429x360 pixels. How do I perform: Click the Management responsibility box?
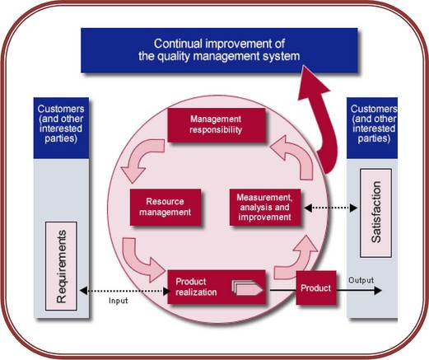(x=217, y=125)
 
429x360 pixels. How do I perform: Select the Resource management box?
(x=166, y=207)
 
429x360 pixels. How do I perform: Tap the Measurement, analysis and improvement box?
(x=265, y=207)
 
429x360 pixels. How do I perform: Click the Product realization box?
(x=217, y=287)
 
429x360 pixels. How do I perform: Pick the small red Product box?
(x=316, y=288)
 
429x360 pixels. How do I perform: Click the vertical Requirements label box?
(x=61, y=266)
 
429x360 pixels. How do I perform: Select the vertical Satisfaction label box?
(x=375, y=213)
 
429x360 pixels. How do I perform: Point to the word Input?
(x=119, y=301)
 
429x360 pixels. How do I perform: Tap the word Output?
(x=361, y=280)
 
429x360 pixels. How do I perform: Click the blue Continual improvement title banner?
(x=219, y=50)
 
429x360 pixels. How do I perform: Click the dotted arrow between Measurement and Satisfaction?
(x=331, y=208)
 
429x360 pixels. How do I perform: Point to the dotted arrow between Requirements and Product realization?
(x=125, y=291)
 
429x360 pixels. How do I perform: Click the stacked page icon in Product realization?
(x=248, y=288)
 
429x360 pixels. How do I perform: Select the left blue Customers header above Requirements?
(x=61, y=128)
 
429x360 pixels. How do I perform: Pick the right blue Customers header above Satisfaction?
(x=372, y=128)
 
